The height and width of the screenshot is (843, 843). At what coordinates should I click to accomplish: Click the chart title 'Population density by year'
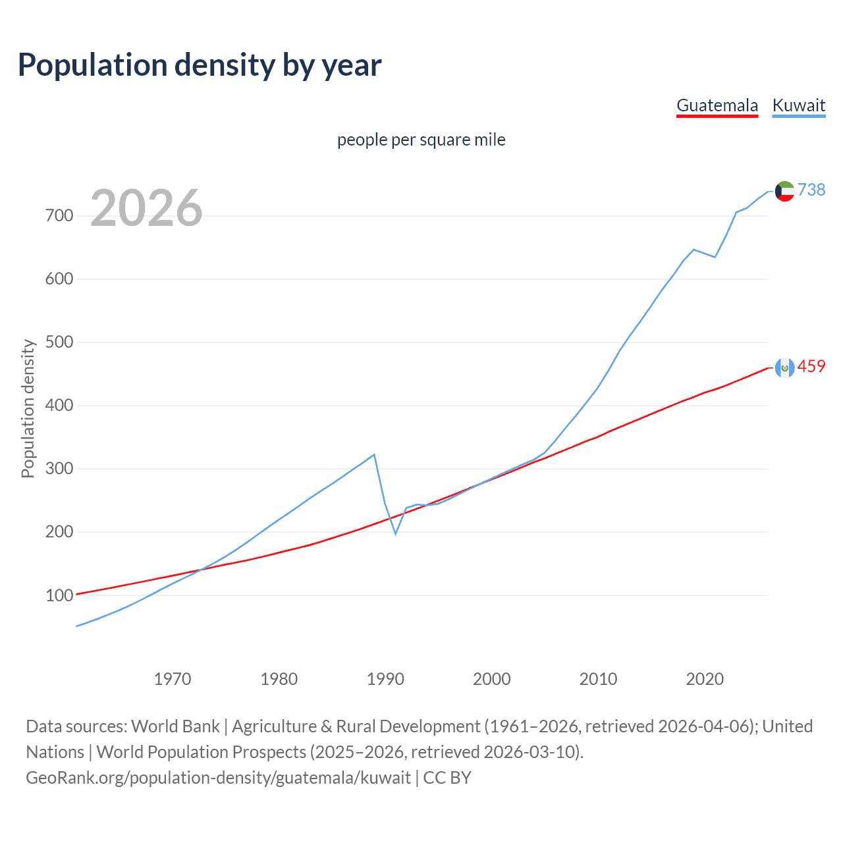click(x=200, y=65)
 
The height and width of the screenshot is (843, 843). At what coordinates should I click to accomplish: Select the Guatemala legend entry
click(x=717, y=105)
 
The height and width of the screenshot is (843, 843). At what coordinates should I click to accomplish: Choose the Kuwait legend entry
click(x=798, y=105)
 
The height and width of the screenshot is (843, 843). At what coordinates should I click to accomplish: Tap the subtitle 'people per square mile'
click(x=421, y=140)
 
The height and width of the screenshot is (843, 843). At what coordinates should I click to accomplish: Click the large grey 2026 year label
click(x=146, y=208)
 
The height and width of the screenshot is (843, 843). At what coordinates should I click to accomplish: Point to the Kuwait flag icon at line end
click(x=784, y=191)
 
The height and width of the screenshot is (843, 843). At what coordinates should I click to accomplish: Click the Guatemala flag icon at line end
click(x=784, y=367)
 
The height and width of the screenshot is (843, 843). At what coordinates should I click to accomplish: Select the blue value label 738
click(x=811, y=190)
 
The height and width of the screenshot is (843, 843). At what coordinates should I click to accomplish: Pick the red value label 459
click(x=811, y=366)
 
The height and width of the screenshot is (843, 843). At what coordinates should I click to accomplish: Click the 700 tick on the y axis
click(x=59, y=215)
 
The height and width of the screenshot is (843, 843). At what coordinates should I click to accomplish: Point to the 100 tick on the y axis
click(x=59, y=595)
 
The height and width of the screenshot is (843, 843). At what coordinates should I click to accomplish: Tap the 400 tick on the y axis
click(x=59, y=405)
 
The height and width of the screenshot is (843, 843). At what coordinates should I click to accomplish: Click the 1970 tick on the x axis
click(x=173, y=679)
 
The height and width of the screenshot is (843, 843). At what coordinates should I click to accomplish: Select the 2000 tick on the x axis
click(x=492, y=679)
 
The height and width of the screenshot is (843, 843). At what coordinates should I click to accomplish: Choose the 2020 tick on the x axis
click(x=705, y=679)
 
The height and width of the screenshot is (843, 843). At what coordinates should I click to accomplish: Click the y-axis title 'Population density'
click(x=28, y=408)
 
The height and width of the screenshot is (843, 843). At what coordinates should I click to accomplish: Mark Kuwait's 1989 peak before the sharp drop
click(x=374, y=454)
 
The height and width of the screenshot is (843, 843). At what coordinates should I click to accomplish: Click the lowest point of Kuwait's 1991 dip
click(x=395, y=533)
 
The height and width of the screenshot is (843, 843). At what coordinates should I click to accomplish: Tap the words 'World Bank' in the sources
click(x=175, y=726)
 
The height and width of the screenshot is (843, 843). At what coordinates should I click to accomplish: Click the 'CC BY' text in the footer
click(x=447, y=778)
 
